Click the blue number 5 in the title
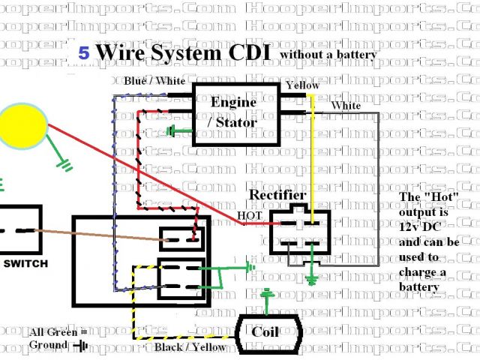coord(83,54)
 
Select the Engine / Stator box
coord(233,112)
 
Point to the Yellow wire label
coord(302,85)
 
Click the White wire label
coord(345,106)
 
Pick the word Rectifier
coord(278,195)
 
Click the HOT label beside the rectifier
coord(249,216)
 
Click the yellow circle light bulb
coord(23,125)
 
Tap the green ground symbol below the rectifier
coord(312,280)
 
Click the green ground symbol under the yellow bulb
coord(65,162)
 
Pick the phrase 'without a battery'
coord(328,55)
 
